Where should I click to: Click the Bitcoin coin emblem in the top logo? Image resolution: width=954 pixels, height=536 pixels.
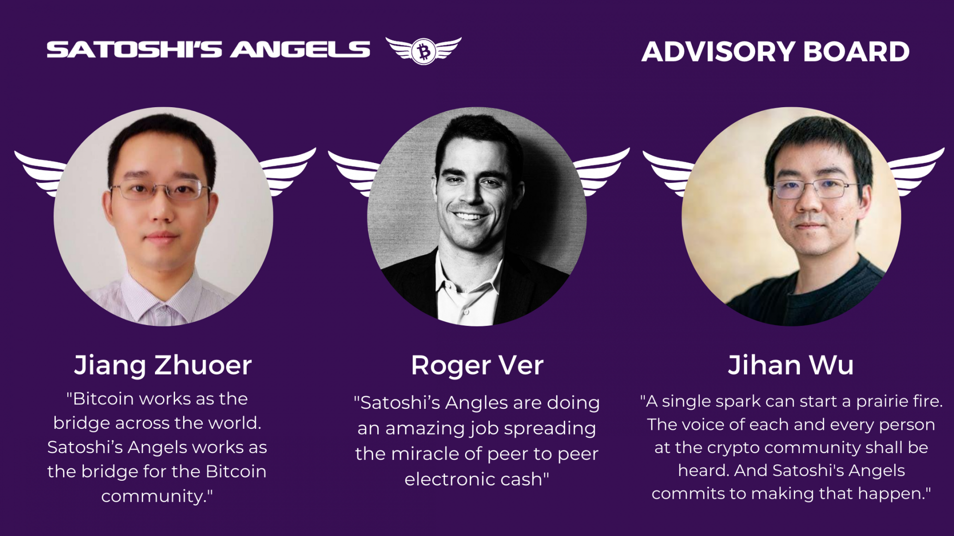click(x=424, y=51)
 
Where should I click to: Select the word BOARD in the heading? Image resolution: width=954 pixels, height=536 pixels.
click(x=857, y=51)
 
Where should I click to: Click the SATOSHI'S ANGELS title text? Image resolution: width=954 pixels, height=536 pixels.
click(x=208, y=50)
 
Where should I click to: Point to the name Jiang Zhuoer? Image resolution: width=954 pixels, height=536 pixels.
click(x=163, y=366)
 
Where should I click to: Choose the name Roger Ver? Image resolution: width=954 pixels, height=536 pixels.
click(x=477, y=366)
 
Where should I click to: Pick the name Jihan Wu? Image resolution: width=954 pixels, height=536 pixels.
click(x=790, y=365)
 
